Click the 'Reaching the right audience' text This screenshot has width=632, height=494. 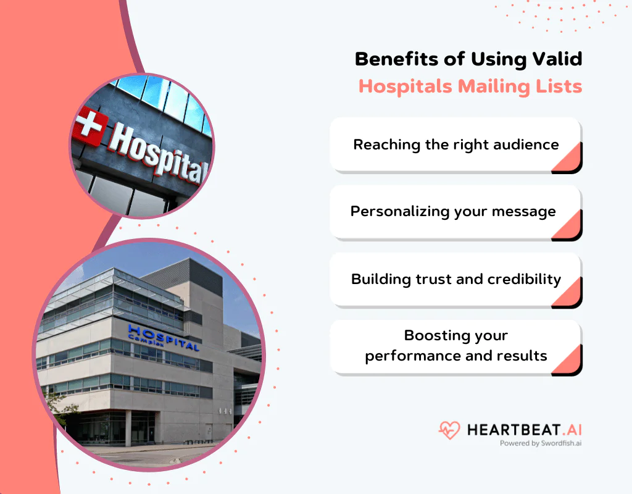pyautogui.click(x=455, y=144)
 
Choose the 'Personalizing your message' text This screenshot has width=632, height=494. pyautogui.click(x=453, y=211)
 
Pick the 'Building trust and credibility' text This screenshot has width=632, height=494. pyautogui.click(x=455, y=278)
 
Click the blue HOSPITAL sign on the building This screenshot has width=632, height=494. pyautogui.click(x=164, y=337)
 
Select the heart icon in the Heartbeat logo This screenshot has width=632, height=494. pyautogui.click(x=449, y=430)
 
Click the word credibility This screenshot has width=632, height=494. pyautogui.click(x=524, y=279)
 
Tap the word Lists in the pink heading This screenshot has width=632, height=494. pyautogui.click(x=559, y=86)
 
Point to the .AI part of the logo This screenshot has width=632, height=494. pyautogui.click(x=570, y=429)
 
